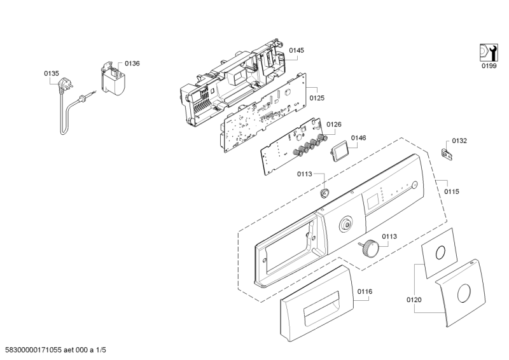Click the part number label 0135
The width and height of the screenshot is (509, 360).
click(51, 74)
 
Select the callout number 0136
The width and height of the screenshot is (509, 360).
click(132, 63)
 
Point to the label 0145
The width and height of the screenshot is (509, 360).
click(296, 50)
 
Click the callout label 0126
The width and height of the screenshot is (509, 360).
click(334, 125)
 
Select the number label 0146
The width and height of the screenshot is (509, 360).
click(358, 137)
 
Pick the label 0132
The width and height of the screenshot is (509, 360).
click(459, 141)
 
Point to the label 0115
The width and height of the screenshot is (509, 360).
click(452, 191)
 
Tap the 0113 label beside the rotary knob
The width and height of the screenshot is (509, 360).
click(389, 236)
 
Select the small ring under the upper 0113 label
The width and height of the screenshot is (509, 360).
click(325, 193)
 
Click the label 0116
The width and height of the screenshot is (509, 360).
click(364, 291)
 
